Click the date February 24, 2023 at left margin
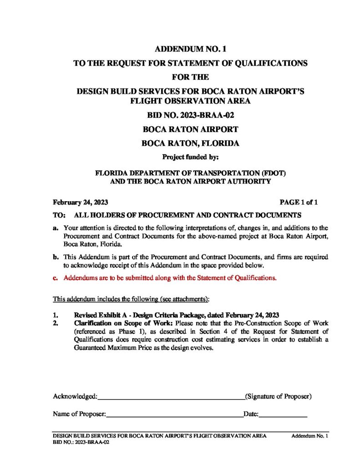tap(81, 202)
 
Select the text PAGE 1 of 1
tap(299, 202)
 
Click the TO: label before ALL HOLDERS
tap(60, 214)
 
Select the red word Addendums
tap(79, 278)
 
